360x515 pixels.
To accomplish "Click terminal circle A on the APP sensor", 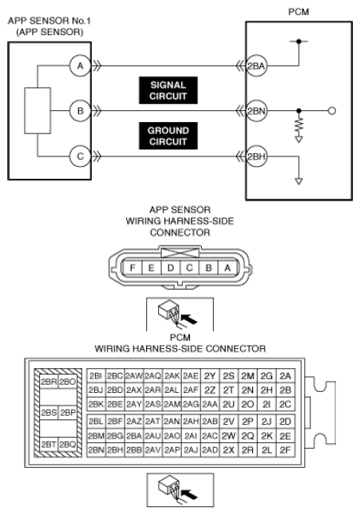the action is point(80,66).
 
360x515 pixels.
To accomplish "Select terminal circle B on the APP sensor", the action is point(80,111).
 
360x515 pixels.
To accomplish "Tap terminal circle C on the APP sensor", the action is point(80,156).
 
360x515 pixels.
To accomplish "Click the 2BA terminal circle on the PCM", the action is point(256,66).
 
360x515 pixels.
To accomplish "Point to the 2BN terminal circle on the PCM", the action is point(256,111).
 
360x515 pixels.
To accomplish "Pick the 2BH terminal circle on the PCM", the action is point(256,156).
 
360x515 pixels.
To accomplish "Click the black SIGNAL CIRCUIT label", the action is point(168,90).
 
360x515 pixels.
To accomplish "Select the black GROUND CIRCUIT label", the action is point(168,136).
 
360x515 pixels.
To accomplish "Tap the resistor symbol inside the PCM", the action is point(299,125).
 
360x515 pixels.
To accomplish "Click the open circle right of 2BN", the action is point(332,111).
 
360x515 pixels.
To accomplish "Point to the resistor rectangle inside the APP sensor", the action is point(38,111).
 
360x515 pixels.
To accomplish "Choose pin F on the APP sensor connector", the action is point(132,267).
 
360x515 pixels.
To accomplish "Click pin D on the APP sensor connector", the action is point(170,267).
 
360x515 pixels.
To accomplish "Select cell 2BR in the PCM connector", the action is point(49,382).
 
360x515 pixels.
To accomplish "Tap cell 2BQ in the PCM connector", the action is point(68,444).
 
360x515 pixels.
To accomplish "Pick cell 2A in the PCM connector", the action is point(285,376).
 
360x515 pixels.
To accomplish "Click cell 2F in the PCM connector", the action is point(285,450).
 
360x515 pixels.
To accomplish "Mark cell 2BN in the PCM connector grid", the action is point(96,450).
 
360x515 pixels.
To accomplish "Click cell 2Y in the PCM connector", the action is point(210,376).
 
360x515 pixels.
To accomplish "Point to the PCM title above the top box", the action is point(299,12).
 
